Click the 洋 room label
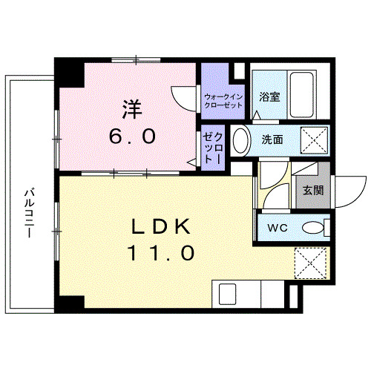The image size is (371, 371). point(130,108)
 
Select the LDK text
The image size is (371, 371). point(161,224)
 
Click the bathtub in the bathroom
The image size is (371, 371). point(303,94)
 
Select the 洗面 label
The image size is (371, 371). point(272,138)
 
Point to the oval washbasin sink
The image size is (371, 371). point(240,139)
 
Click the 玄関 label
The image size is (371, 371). point(312,189)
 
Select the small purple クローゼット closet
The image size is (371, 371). point(213,148)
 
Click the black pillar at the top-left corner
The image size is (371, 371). point(69,72)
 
